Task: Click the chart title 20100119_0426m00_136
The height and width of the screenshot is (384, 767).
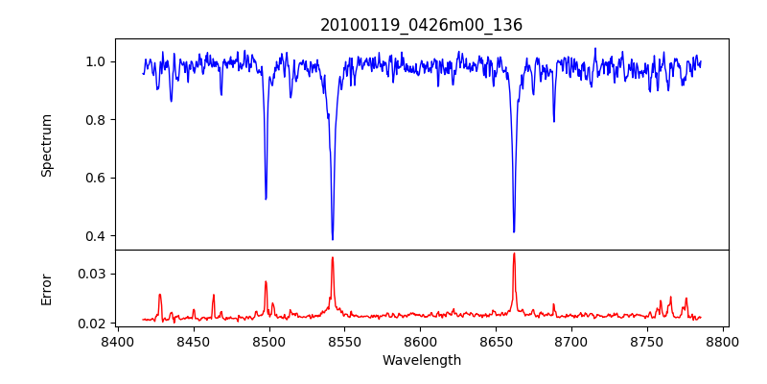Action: point(421,25)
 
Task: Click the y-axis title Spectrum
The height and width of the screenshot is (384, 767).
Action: point(47,145)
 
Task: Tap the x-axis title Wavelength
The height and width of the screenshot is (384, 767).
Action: point(421,361)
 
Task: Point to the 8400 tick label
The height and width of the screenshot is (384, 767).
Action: point(117,342)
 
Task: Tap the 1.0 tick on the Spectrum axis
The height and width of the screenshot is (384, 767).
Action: point(96,61)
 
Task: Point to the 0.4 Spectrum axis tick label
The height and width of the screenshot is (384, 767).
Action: point(96,236)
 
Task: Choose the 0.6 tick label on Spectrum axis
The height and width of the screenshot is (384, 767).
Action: point(96,178)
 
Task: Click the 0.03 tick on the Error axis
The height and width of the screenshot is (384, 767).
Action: point(93,274)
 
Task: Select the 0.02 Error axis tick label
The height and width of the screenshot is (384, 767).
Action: point(93,324)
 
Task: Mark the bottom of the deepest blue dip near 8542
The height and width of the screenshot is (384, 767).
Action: point(333,239)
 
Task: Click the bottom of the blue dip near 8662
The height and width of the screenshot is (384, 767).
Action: point(514,231)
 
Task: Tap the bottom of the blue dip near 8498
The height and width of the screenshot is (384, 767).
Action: point(266,199)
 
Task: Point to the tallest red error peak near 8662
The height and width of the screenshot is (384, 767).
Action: point(514,253)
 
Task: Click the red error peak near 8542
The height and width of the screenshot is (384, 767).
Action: point(333,257)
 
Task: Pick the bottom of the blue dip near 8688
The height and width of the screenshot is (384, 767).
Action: point(553,121)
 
